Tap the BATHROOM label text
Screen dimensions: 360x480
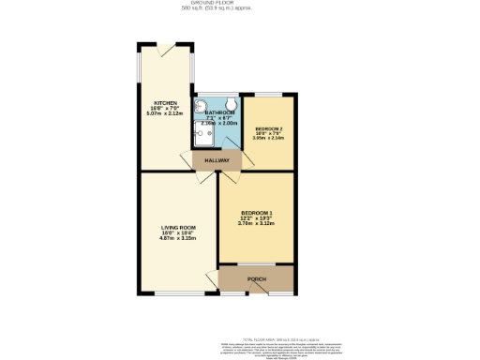tap(217, 112)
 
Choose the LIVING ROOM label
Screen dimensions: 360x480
tap(177, 227)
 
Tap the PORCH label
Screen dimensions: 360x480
tap(256, 279)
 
